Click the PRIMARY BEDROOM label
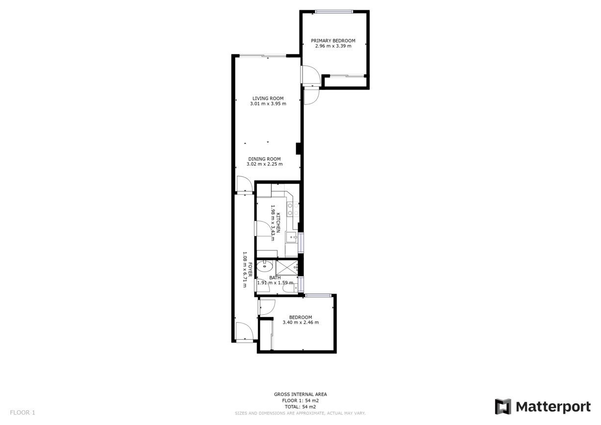tap(333, 41)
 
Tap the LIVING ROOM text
tap(268, 99)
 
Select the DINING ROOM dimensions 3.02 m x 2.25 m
tap(265, 164)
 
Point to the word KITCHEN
tap(278, 223)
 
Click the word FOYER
tap(250, 270)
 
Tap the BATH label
tap(275, 278)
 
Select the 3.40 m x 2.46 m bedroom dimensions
tap(301, 323)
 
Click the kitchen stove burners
tap(293, 209)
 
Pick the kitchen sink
tap(291, 237)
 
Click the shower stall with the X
tap(287, 268)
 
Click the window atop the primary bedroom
tap(334, 12)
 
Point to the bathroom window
tap(301, 284)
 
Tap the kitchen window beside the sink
tap(301, 243)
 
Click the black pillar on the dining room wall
tap(298, 149)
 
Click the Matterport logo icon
tap(503, 406)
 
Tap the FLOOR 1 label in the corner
tap(23, 413)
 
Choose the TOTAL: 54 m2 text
tap(300, 407)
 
